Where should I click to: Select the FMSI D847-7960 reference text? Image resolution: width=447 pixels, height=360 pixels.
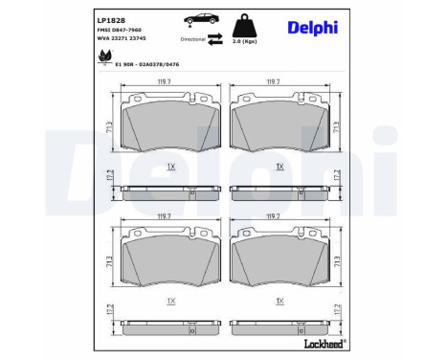pyautogui.click(x=120, y=30)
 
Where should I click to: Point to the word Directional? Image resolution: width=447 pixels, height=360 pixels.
pyautogui.click(x=193, y=39)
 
